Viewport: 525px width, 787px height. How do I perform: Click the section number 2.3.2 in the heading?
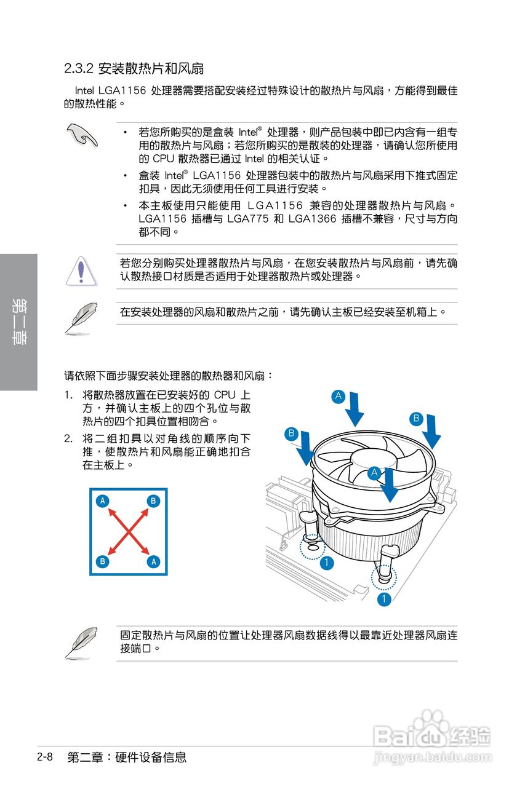tap(78, 68)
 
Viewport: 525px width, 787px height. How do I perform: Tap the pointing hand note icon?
tap(82, 135)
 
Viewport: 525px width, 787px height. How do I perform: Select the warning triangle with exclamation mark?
tap(82, 271)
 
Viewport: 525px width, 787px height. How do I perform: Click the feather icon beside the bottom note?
tap(81, 643)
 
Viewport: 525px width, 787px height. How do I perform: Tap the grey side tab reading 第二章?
tap(18, 322)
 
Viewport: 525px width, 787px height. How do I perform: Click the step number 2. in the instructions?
tap(70, 439)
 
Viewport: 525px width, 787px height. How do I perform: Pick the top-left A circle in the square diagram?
tap(103, 501)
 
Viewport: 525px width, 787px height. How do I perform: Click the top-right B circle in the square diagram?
tap(153, 501)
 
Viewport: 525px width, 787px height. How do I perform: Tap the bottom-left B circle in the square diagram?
tap(103, 561)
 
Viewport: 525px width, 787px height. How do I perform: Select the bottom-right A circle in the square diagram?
tap(153, 561)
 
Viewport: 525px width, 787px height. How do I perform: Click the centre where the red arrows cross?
tap(128, 531)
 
